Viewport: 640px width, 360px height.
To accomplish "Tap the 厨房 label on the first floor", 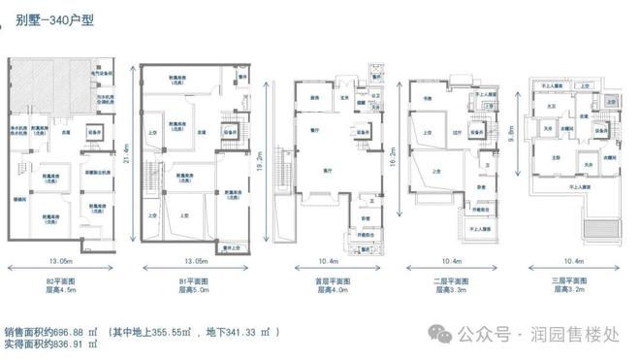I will coord(315,98).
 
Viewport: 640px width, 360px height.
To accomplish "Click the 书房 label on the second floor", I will coord(427,98).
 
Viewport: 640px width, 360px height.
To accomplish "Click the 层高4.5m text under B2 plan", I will coord(62,289).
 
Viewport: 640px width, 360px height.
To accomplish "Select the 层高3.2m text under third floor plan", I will coord(566,289).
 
